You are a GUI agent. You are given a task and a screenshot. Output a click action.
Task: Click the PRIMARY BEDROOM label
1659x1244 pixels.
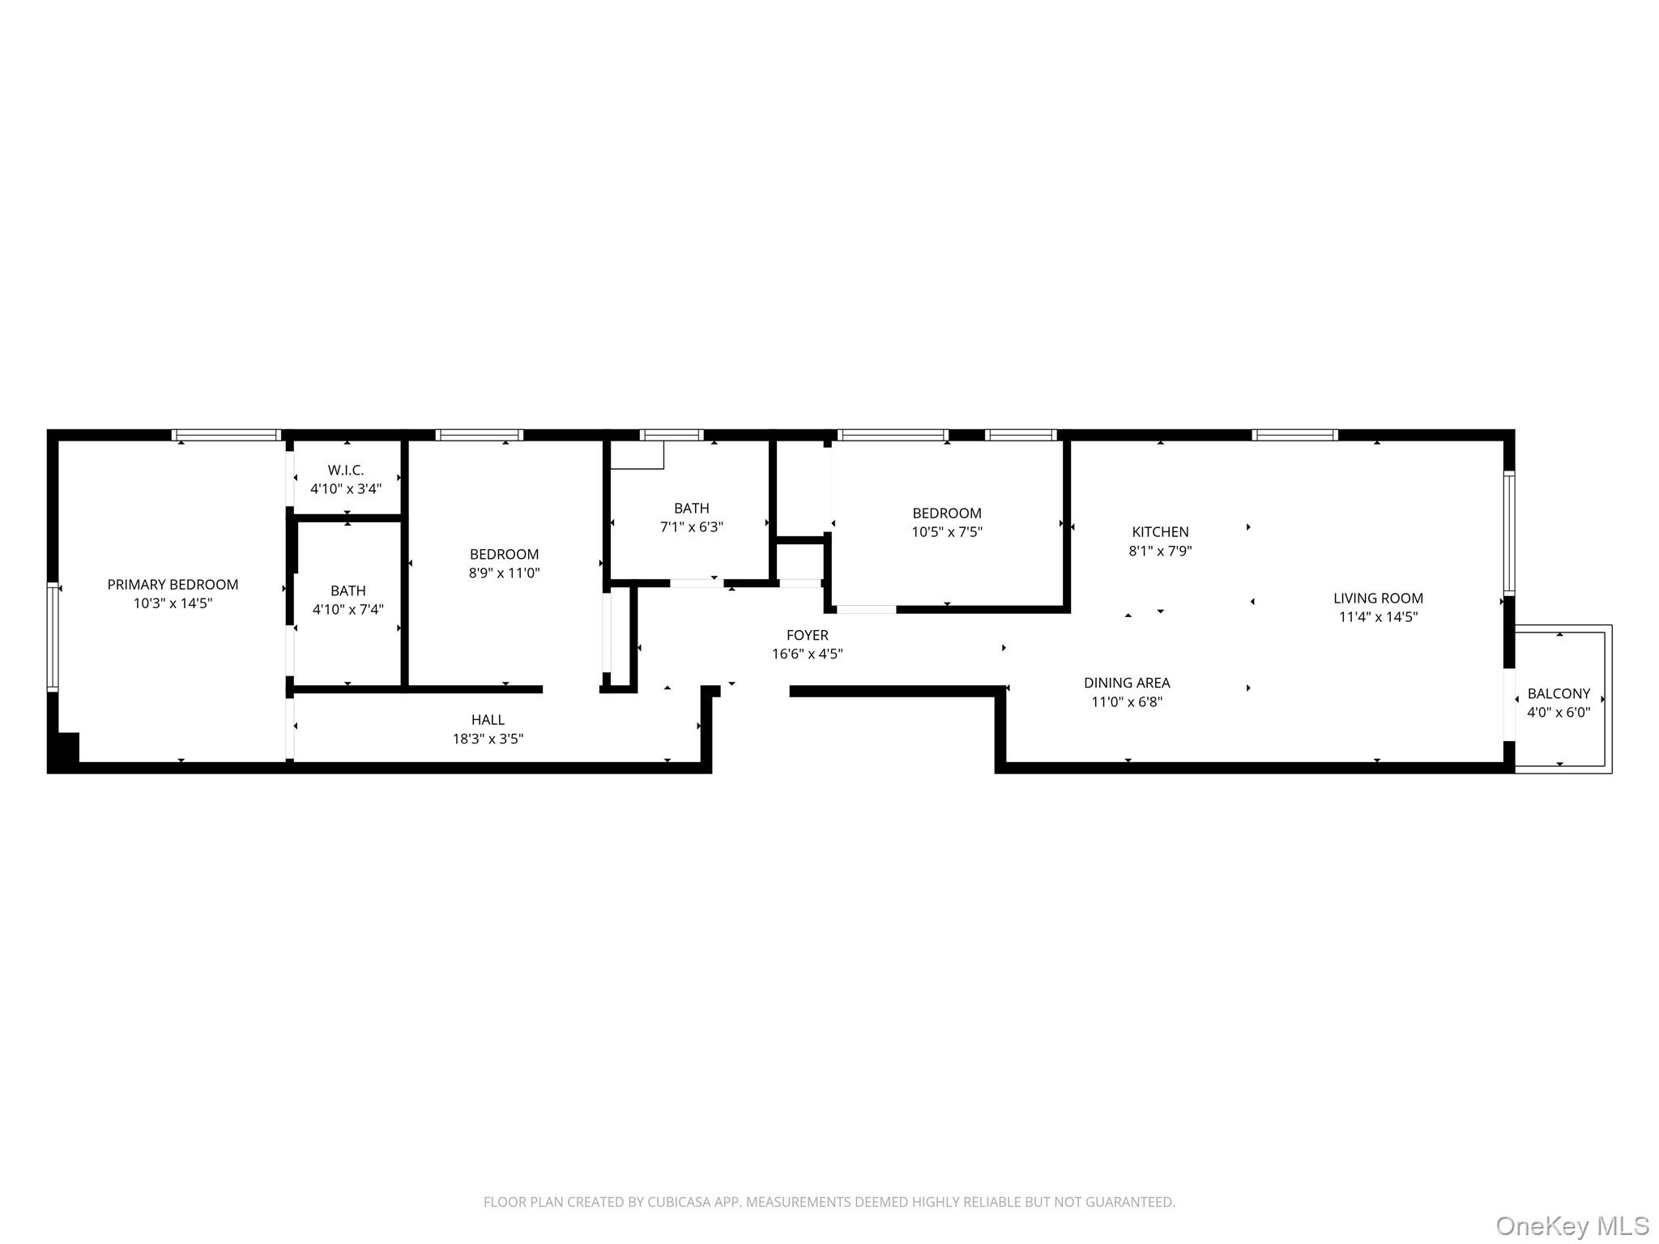pyautogui.click(x=173, y=584)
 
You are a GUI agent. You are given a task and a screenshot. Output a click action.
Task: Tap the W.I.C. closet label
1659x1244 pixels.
pyautogui.click(x=346, y=470)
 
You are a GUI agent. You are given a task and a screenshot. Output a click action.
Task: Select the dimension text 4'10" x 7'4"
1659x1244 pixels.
pyautogui.click(x=348, y=609)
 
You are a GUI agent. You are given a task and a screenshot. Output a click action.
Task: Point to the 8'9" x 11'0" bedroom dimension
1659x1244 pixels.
pyautogui.click(x=504, y=573)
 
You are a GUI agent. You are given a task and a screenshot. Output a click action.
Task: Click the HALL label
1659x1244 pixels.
pyautogui.click(x=488, y=719)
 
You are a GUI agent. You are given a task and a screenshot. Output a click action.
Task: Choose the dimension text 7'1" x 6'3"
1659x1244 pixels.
pyautogui.click(x=691, y=526)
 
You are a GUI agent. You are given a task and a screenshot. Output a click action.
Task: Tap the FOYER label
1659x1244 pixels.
pyautogui.click(x=807, y=635)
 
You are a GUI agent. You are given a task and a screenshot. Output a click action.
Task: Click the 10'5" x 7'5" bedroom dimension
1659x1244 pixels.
pyautogui.click(x=947, y=531)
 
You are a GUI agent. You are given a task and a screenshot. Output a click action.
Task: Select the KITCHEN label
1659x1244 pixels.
pyautogui.click(x=1160, y=531)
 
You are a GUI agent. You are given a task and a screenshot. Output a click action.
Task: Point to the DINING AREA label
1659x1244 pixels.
pyautogui.click(x=1127, y=683)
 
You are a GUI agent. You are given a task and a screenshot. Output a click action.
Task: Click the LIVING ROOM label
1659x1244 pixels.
pyautogui.click(x=1378, y=598)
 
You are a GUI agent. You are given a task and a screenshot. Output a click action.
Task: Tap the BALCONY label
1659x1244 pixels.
pyautogui.click(x=1559, y=693)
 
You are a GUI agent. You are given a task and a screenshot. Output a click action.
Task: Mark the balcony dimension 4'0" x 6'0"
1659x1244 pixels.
pyautogui.click(x=1559, y=712)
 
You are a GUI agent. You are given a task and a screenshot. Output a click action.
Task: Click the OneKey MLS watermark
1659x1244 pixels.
pyautogui.click(x=1572, y=1225)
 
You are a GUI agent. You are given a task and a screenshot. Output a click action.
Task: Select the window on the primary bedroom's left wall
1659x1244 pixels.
pyautogui.click(x=53, y=637)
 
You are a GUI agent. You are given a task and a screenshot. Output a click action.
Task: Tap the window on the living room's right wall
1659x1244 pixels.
pyautogui.click(x=1509, y=534)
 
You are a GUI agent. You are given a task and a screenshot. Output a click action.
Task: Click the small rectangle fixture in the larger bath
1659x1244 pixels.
pyautogui.click(x=637, y=455)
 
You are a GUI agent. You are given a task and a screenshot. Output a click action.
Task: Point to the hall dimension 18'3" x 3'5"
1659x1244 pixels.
pyautogui.click(x=488, y=739)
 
